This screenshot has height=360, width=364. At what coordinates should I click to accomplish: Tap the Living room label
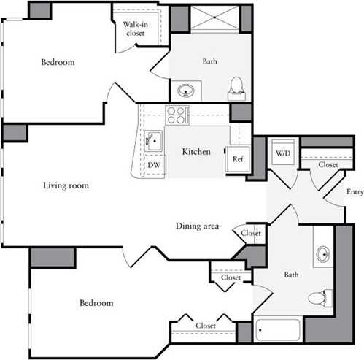[66, 185]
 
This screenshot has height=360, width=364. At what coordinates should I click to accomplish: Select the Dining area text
[197, 226]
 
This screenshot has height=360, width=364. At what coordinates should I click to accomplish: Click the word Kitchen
[196, 152]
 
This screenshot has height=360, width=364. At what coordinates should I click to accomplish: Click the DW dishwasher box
[154, 166]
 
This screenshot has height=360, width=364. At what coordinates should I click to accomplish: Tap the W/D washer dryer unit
[282, 153]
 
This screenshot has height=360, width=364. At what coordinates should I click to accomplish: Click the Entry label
[355, 192]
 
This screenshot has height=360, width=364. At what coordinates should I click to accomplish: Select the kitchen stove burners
[177, 115]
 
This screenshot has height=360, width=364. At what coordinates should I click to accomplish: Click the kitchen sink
[153, 140]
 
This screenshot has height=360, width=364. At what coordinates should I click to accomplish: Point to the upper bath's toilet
[236, 88]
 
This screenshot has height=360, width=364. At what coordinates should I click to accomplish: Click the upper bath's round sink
[185, 91]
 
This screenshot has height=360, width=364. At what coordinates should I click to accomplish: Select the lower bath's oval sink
[323, 254]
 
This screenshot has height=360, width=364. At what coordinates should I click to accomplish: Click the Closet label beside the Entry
[328, 166]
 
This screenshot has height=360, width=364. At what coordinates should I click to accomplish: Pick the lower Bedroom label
[96, 302]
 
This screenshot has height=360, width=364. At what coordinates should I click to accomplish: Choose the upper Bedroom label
[57, 62]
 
